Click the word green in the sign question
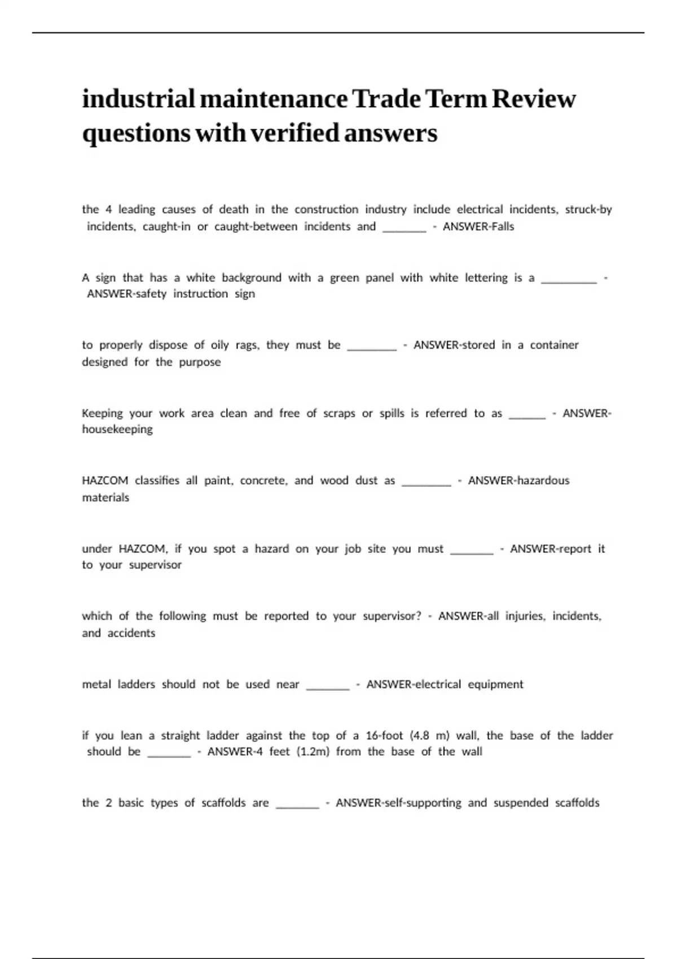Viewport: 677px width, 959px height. point(344,278)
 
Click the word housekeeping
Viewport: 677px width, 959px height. point(117,429)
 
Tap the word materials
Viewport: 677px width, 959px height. point(105,498)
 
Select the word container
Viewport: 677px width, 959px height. point(554,345)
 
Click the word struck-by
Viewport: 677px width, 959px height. point(588,210)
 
